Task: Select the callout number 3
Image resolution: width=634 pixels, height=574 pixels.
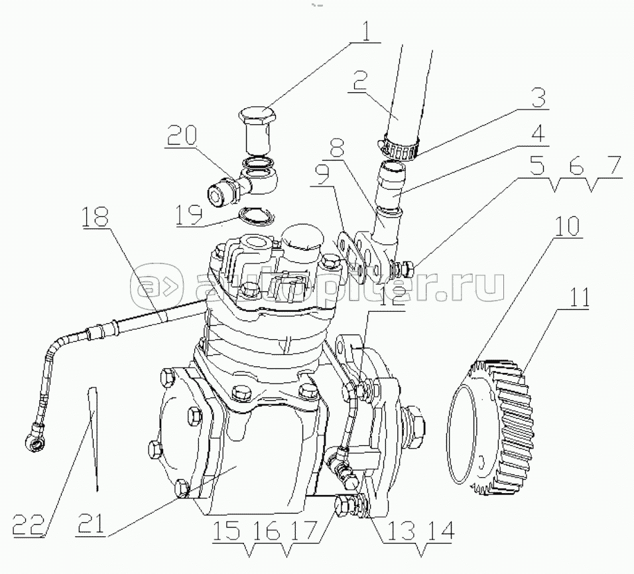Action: tap(539, 98)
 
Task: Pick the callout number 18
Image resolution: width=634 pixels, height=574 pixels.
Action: tap(95, 216)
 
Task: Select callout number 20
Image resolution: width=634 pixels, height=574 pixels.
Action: tap(182, 135)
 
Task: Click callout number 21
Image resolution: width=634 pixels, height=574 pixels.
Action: tap(92, 522)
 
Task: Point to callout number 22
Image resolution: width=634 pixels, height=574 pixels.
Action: tap(27, 524)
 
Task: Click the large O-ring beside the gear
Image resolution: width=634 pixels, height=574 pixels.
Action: tap(448, 435)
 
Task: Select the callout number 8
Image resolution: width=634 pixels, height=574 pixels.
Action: tap(338, 148)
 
